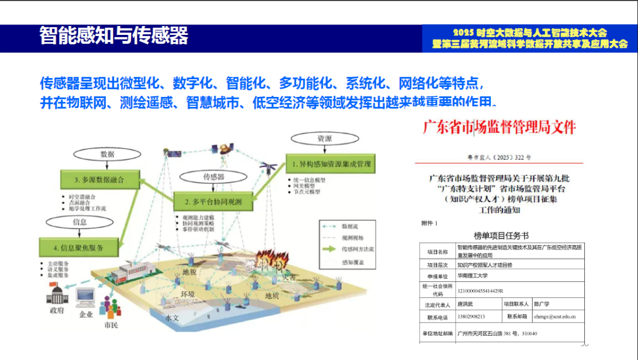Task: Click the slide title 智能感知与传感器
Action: coord(113,36)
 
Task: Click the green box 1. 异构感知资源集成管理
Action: coord(331,163)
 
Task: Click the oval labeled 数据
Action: coord(108,154)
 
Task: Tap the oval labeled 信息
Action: coord(80,222)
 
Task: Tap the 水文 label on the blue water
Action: coord(172,317)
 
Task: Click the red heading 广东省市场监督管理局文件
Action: coord(499,127)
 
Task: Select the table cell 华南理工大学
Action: coord(477,275)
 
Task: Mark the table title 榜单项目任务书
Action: coord(501,235)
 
